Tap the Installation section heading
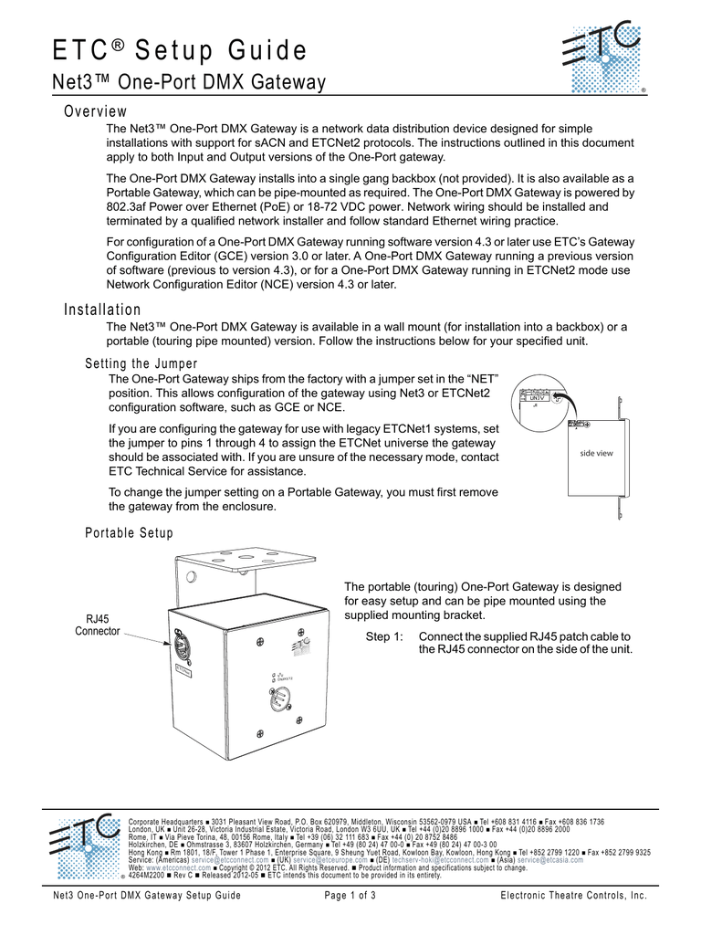pos(102,310)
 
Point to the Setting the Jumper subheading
pos(141,365)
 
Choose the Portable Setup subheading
pos(129,532)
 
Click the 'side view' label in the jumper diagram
pos(597,454)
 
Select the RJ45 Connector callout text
pos(97,625)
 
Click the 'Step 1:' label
pos(384,636)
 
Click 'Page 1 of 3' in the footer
pos(350,896)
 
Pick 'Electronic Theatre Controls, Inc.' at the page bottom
pos(573,896)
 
